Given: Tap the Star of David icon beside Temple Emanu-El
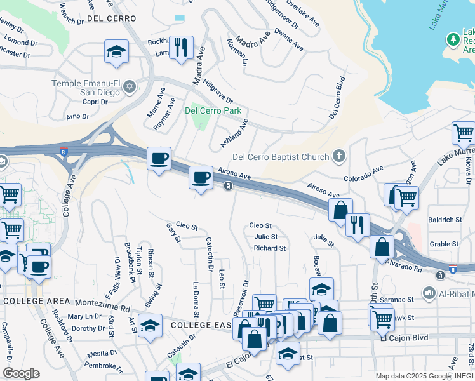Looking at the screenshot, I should pyautogui.click(x=130, y=86).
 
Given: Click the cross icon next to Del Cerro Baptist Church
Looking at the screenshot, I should pyautogui.click(x=340, y=156).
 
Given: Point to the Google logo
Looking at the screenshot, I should pyautogui.click(x=21, y=373).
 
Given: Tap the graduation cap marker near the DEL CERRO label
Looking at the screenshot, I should pyautogui.click(x=116, y=53).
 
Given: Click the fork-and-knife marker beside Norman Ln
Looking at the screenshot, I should pyautogui.click(x=181, y=48).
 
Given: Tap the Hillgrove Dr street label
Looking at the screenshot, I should pyautogui.click(x=218, y=92).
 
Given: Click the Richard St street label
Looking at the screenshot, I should pyautogui.click(x=270, y=248).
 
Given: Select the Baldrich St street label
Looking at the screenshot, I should pyautogui.click(x=445, y=220).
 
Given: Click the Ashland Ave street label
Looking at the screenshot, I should pyautogui.click(x=234, y=133).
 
